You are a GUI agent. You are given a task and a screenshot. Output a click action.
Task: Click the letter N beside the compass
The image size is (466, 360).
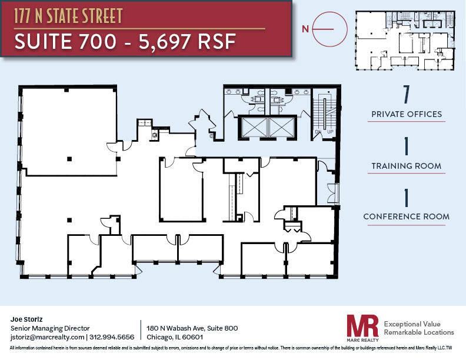point(305,28)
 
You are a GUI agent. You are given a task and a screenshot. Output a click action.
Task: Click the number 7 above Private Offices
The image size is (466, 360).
point(406,94)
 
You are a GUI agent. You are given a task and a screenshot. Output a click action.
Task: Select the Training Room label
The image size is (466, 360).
point(406,166)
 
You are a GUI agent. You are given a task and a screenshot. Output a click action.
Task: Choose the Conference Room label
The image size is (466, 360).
point(406,216)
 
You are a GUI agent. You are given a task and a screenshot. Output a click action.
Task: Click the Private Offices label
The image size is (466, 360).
point(406,114)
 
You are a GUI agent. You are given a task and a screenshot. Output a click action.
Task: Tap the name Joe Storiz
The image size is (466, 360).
point(27,319)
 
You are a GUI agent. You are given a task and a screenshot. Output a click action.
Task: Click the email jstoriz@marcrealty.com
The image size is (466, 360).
point(48,337)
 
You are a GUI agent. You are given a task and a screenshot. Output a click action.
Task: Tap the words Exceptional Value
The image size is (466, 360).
point(411,324)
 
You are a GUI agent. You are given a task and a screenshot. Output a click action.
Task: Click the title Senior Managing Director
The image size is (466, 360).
point(50,328)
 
